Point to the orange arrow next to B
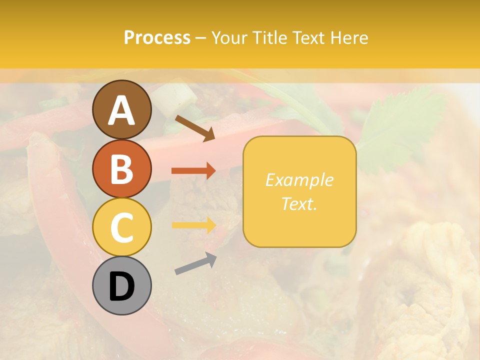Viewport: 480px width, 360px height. pyautogui.click(x=193, y=171)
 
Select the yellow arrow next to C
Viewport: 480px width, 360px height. pyautogui.click(x=193, y=225)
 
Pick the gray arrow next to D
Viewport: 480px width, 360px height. pyautogui.click(x=195, y=263)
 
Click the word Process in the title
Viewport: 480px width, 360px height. pyautogui.click(x=157, y=38)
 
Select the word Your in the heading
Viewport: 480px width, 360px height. pyautogui.click(x=230, y=38)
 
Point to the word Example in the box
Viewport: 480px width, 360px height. pyautogui.click(x=299, y=180)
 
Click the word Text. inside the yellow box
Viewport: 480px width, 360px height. pyautogui.click(x=299, y=203)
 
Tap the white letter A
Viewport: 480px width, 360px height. pyautogui.click(x=121, y=111)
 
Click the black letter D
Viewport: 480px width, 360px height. pyautogui.click(x=121, y=287)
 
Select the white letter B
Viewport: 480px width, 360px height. pyautogui.click(x=121, y=169)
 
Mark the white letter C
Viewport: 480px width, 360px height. pyautogui.click(x=121, y=227)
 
